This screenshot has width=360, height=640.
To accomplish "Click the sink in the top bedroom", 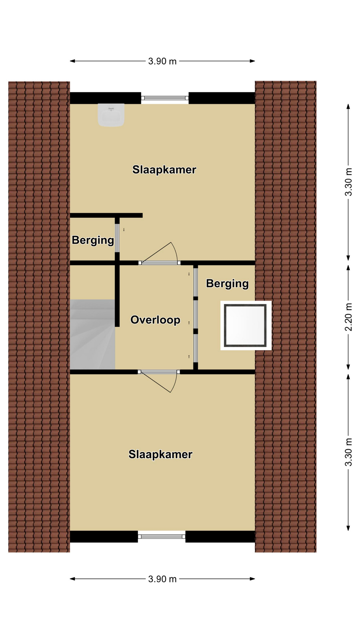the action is [x=111, y=115].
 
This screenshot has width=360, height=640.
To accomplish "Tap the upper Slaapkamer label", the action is [x=164, y=170].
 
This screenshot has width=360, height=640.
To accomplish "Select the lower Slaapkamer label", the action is [x=160, y=454].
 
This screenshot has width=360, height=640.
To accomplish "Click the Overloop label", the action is [x=155, y=320].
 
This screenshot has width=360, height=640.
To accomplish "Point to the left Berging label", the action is [x=93, y=240].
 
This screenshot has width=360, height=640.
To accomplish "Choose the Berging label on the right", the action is [x=227, y=284].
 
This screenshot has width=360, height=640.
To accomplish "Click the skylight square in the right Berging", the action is [x=246, y=325].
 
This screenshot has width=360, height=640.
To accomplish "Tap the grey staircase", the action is [x=92, y=334].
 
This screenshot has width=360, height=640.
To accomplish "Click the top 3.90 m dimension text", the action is [x=162, y=61].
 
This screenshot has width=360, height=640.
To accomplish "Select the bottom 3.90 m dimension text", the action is [x=162, y=579].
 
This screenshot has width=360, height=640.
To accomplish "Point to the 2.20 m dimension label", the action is [x=348, y=317].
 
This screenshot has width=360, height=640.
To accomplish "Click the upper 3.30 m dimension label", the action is [x=348, y=182].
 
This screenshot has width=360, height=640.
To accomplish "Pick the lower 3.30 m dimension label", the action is [x=348, y=452].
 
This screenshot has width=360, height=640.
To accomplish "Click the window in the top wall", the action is [x=165, y=98].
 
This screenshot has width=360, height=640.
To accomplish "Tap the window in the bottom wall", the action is [x=162, y=536].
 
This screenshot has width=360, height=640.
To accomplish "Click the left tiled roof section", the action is [x=39, y=317].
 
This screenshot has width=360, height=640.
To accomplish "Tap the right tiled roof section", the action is [x=286, y=316].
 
